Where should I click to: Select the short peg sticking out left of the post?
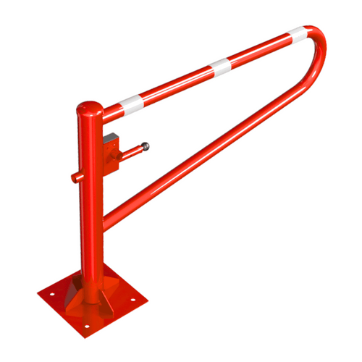click(x=75, y=176)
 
